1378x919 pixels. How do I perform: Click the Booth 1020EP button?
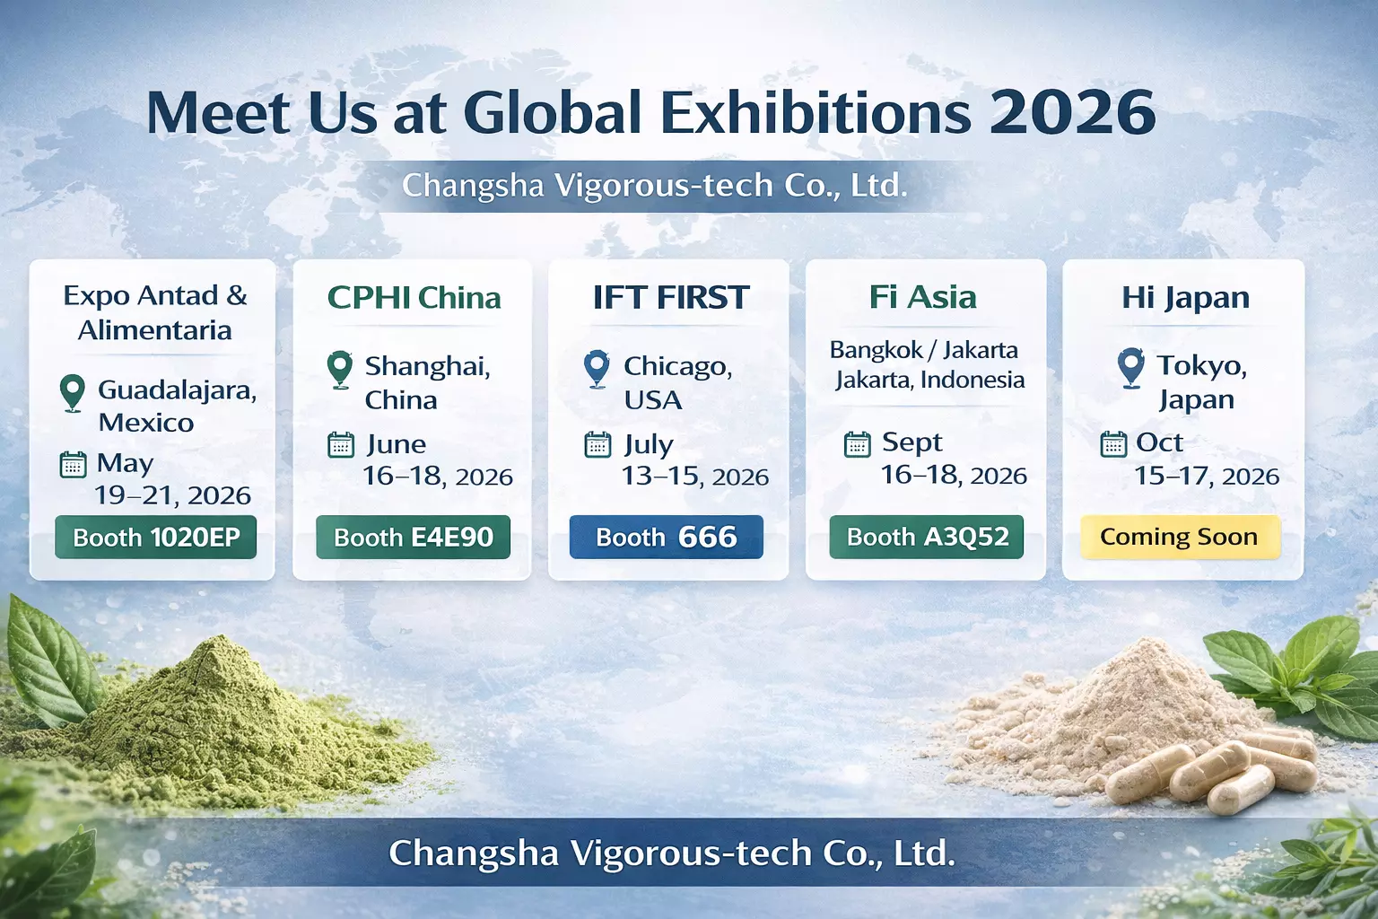(x=155, y=538)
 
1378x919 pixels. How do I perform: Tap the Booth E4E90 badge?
(x=413, y=538)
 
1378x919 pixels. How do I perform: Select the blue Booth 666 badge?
(x=666, y=538)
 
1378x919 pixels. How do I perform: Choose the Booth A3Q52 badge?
(x=926, y=538)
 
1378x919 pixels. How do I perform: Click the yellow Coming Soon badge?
(x=1179, y=538)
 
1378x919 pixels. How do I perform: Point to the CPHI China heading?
(x=414, y=298)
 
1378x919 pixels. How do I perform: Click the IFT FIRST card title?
(x=670, y=298)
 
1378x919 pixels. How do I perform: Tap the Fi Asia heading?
(x=922, y=297)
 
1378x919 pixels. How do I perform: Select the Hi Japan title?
(x=1184, y=298)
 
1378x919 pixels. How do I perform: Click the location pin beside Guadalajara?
(x=72, y=393)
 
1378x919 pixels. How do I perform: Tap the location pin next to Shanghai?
(x=339, y=369)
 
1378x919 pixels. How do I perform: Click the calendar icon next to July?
(x=597, y=444)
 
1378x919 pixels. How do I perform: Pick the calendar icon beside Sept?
(x=857, y=444)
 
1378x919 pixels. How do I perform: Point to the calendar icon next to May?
(x=73, y=465)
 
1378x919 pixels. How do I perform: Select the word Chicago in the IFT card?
(x=677, y=367)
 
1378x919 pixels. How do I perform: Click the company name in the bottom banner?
(x=671, y=853)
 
